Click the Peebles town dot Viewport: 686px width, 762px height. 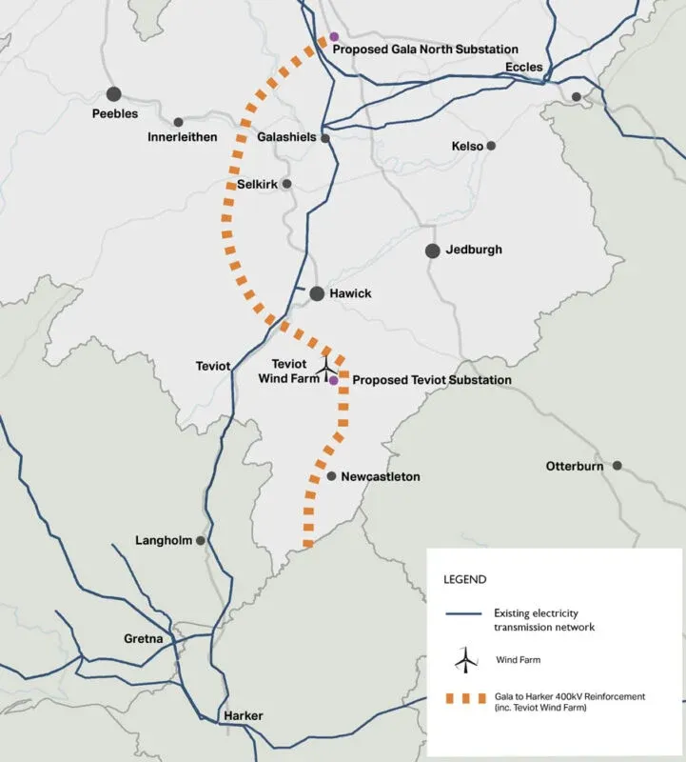point(114,93)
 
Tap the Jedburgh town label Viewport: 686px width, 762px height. point(474,251)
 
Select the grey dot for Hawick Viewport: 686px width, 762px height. point(317,293)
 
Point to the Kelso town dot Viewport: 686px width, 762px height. point(491,146)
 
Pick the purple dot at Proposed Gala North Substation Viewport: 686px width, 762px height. point(334,37)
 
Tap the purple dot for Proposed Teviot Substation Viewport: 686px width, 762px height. point(334,381)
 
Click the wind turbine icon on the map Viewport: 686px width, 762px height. point(325,365)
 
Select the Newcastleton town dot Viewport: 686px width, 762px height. point(330,476)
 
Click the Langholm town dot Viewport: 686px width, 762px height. point(201,540)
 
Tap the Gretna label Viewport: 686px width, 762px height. point(144,638)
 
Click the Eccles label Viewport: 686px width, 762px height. point(524,67)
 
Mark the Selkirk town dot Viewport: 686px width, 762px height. point(286,184)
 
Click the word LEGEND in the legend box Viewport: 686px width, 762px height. point(465,579)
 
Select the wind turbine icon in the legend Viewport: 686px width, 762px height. point(465,657)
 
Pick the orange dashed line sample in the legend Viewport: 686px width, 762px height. point(465,702)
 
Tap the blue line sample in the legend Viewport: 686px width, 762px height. point(465,619)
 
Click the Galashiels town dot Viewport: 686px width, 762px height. point(325,138)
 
